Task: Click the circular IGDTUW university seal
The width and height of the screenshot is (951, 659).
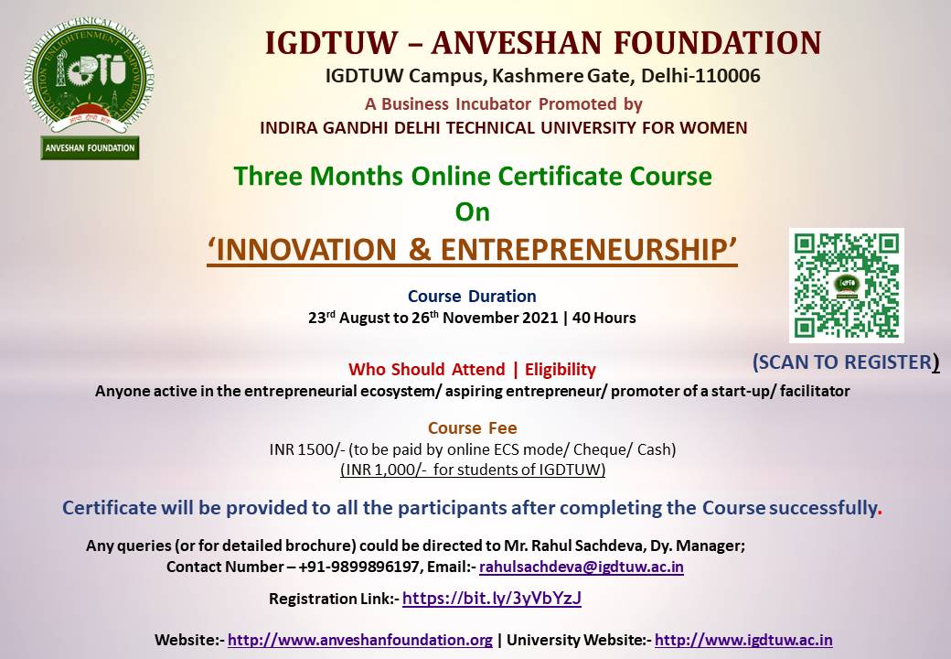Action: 90,75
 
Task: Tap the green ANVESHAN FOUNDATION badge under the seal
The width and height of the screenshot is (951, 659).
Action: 90,147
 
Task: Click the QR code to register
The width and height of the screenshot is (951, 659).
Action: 846,286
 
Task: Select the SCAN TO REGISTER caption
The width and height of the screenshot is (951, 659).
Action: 846,362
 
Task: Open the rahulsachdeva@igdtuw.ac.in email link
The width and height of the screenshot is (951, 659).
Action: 581,567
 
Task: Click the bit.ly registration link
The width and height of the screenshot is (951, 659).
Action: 492,599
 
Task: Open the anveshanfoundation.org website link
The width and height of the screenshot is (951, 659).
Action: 360,640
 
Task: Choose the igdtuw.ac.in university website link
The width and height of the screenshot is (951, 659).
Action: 743,640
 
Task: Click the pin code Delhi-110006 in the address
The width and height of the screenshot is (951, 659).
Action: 700,76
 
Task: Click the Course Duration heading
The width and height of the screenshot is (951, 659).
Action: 472,297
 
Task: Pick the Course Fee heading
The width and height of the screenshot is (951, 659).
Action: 473,427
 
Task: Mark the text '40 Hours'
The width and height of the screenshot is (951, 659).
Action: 604,318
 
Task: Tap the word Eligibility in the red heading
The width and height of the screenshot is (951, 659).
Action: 561,370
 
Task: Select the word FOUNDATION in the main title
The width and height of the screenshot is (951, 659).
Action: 718,43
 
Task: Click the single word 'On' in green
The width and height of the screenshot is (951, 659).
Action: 473,212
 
